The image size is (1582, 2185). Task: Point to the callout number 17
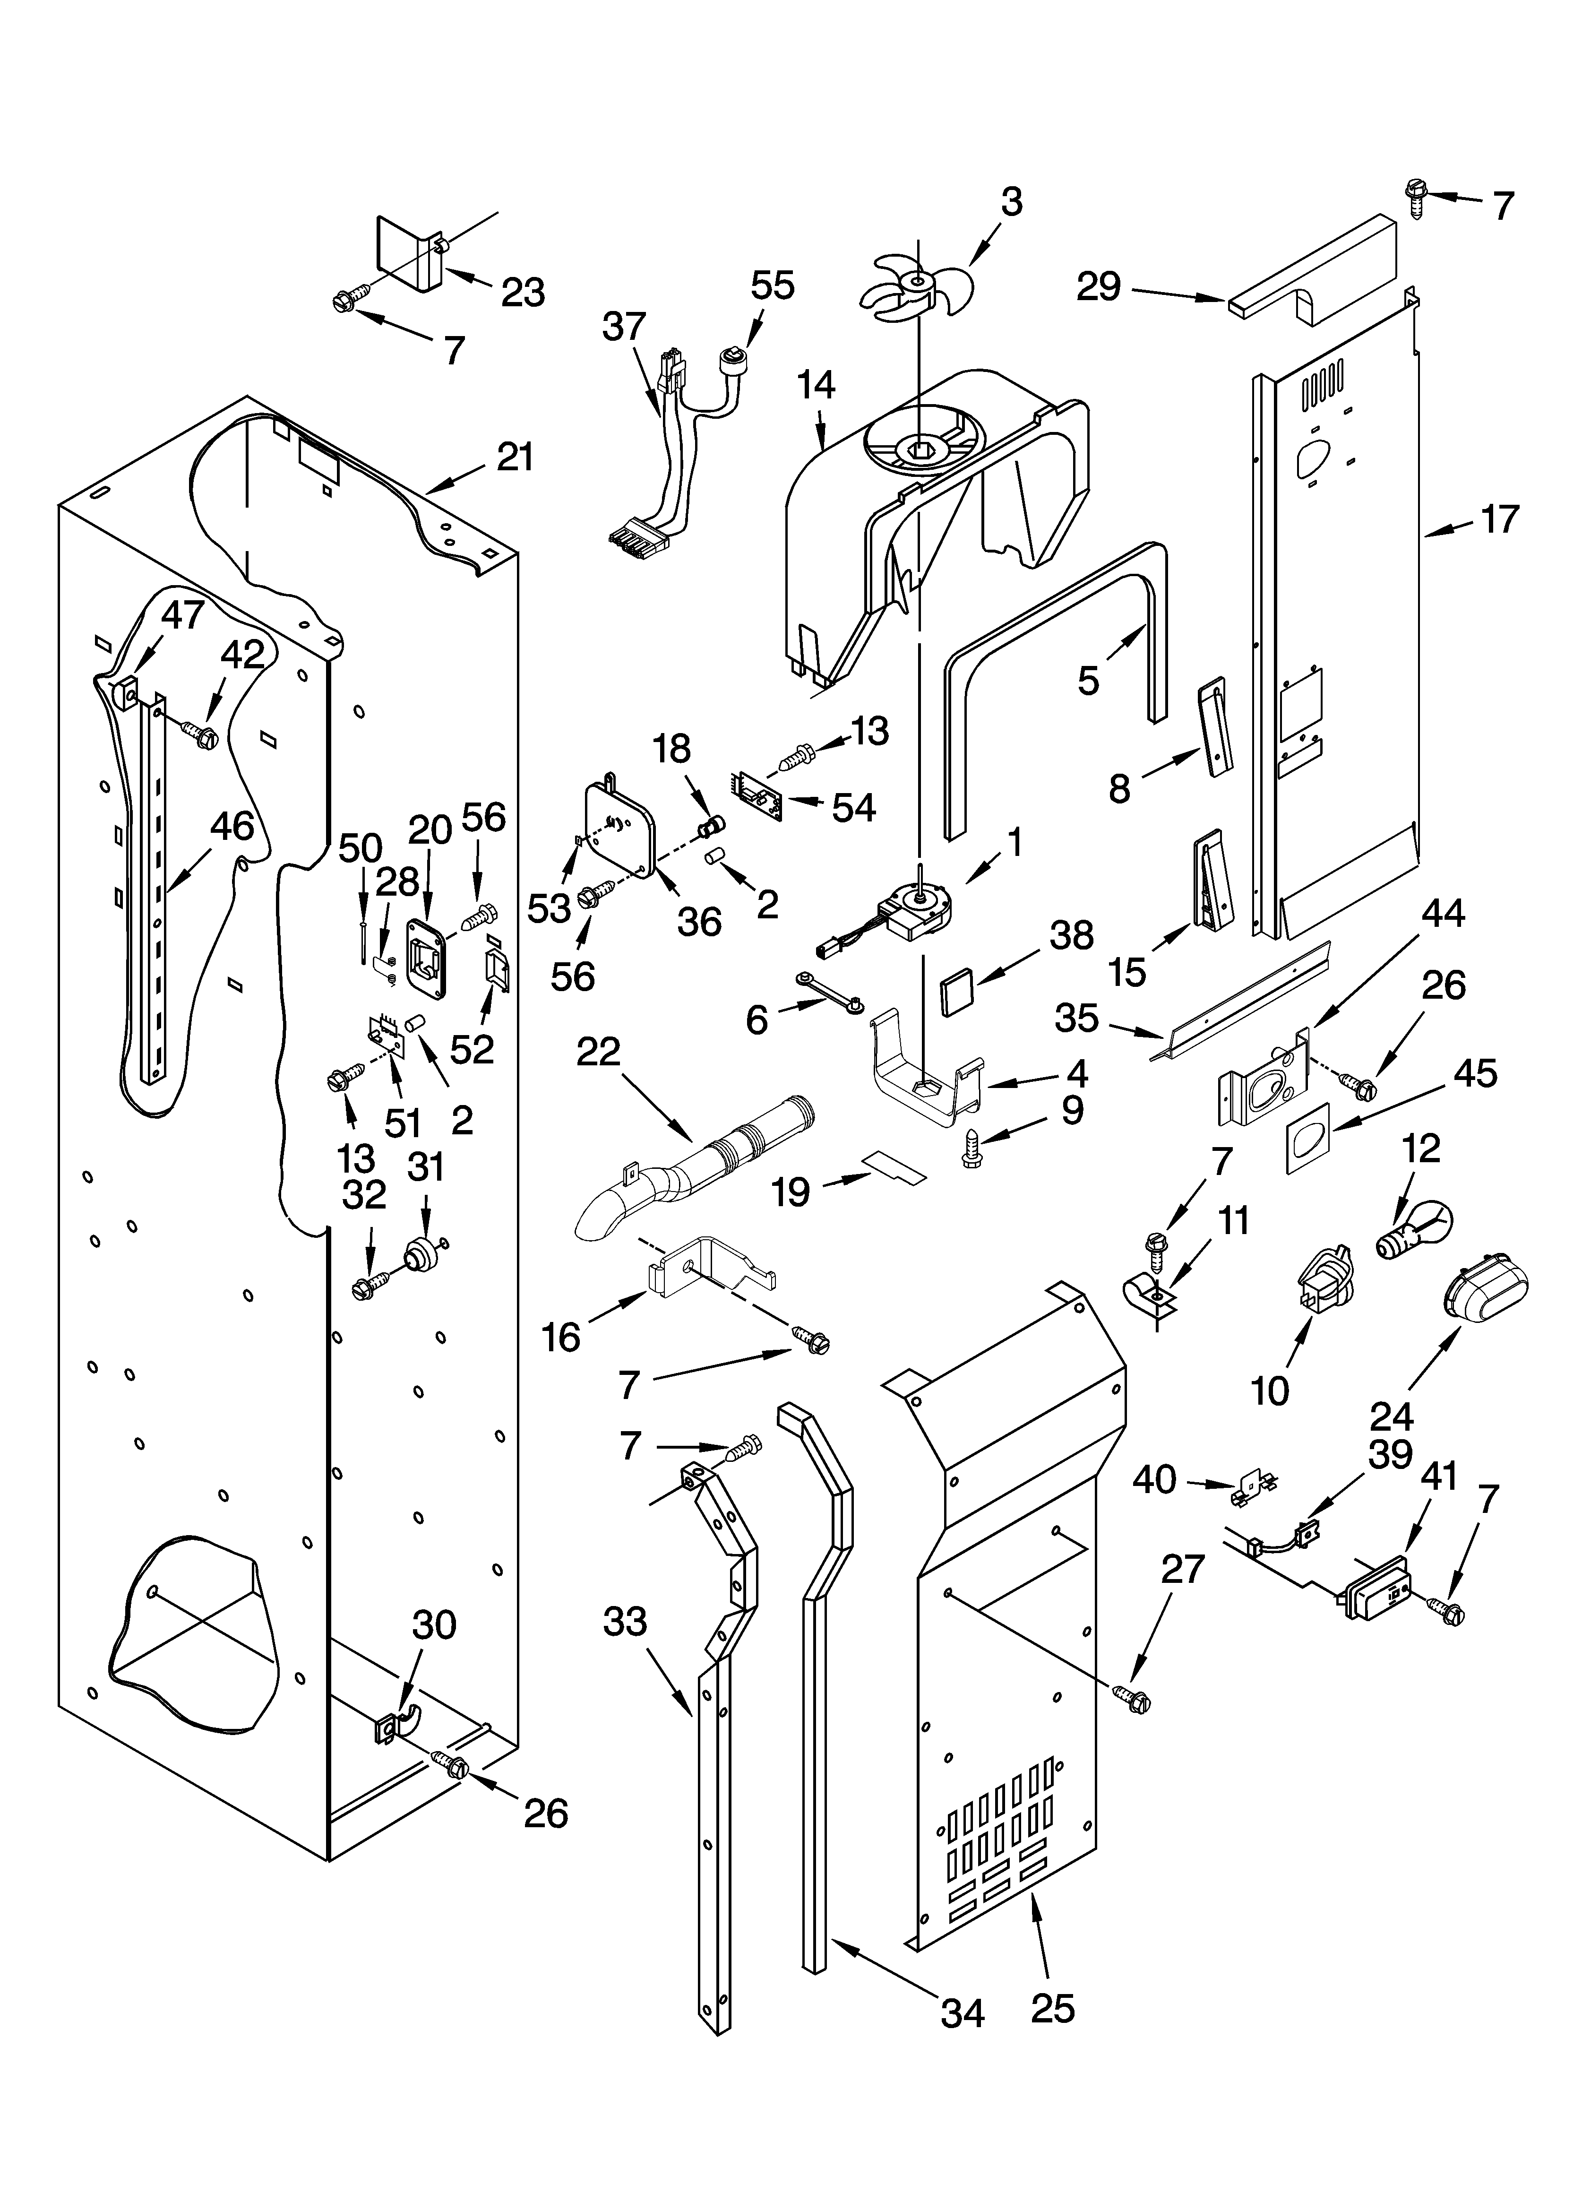(x=1499, y=519)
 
